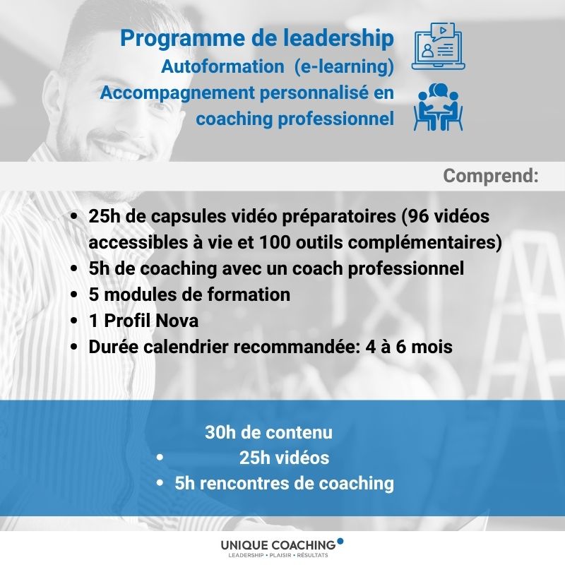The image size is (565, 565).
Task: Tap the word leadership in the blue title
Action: click(x=339, y=37)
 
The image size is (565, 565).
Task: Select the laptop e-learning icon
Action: click(x=438, y=46)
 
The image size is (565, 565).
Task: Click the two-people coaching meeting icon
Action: click(x=438, y=107)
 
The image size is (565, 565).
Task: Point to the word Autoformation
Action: click(x=222, y=66)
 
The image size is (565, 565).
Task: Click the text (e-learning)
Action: click(x=344, y=67)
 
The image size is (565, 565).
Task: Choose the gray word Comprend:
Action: click(x=491, y=176)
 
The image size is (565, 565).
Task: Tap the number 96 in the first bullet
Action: click(x=418, y=216)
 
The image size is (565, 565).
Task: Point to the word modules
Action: click(x=140, y=295)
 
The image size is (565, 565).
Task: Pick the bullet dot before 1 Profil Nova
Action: click(x=74, y=321)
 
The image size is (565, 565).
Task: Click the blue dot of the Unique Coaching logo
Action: click(x=340, y=540)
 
